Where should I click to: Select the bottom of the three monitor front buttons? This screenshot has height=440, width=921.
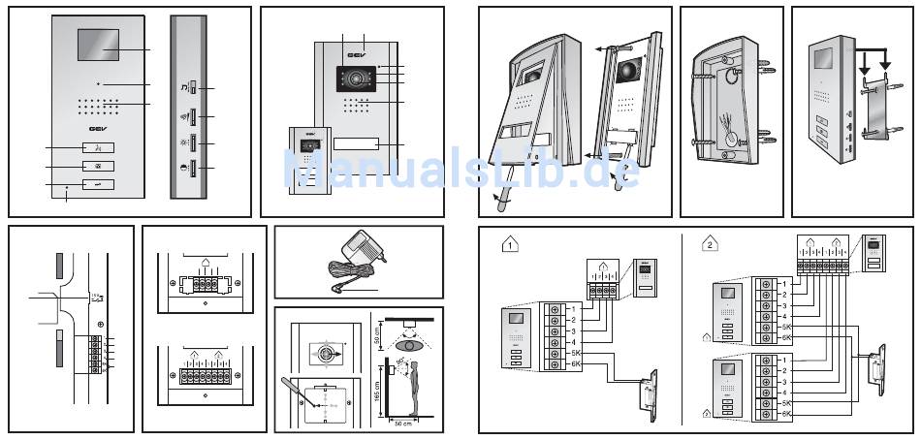(x=97, y=184)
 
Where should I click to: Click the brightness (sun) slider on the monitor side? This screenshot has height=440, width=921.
(x=192, y=143)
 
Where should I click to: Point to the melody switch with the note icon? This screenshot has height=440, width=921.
(x=192, y=89)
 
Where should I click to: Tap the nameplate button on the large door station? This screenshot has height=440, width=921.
(x=354, y=145)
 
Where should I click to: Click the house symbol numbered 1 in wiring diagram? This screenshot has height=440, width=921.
(x=511, y=245)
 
